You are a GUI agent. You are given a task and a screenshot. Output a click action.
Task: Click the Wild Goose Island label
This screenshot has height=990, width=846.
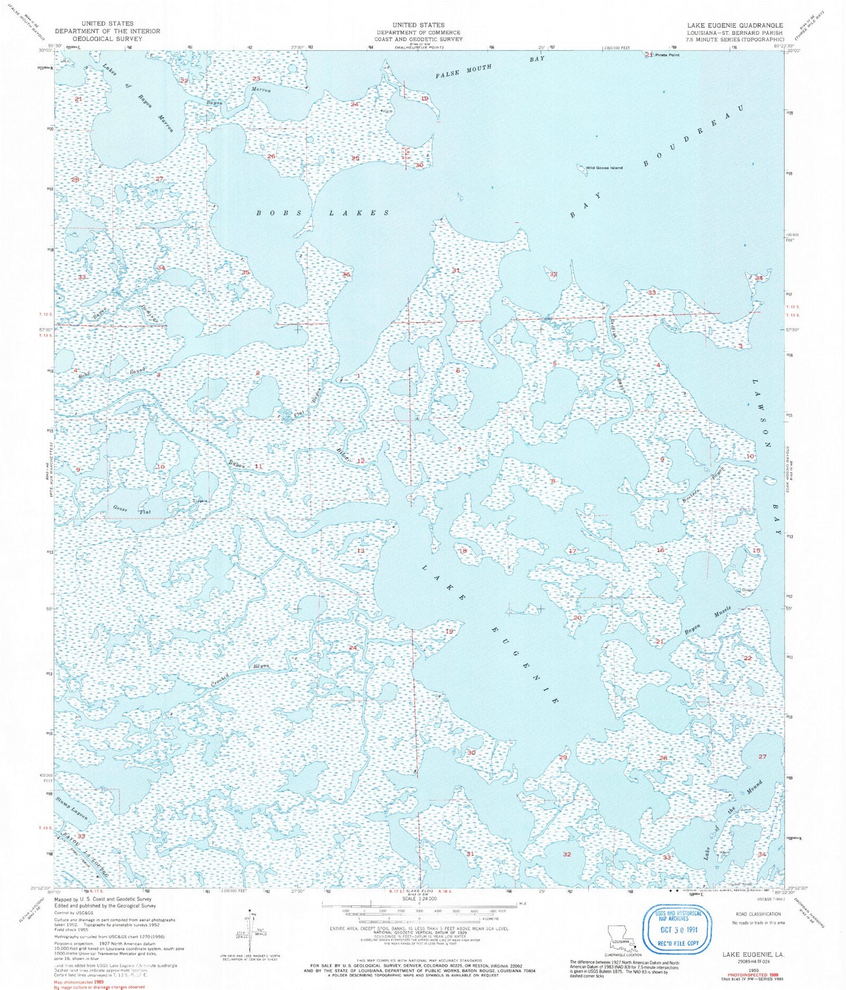pyautogui.click(x=604, y=168)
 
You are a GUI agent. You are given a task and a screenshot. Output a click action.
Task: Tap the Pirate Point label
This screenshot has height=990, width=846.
pyautogui.click(x=667, y=55)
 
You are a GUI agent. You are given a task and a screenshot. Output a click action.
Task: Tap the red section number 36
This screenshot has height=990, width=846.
pyautogui.click(x=346, y=274)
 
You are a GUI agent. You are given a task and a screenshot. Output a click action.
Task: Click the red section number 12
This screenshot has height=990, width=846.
pyautogui.click(x=360, y=461)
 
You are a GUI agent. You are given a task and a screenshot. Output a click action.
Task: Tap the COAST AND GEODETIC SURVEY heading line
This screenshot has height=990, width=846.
pyautogui.click(x=418, y=39)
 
